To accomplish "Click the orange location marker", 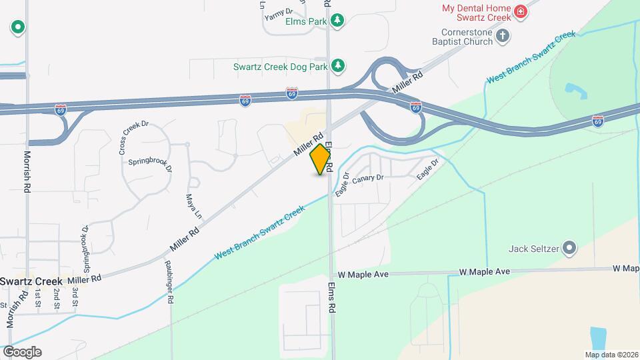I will coord(321,159).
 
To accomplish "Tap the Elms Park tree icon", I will coord(339,21).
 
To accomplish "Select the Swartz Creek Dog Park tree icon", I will coord(340,65).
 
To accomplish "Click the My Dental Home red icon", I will coord(521,11).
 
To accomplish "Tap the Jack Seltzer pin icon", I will coord(569,249).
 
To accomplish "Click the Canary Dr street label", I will coord(369,178).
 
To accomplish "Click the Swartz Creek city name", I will coord(31,281).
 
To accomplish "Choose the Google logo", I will coord(22,352).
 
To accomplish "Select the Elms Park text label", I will coord(305,21).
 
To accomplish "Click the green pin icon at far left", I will coord(18,27).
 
